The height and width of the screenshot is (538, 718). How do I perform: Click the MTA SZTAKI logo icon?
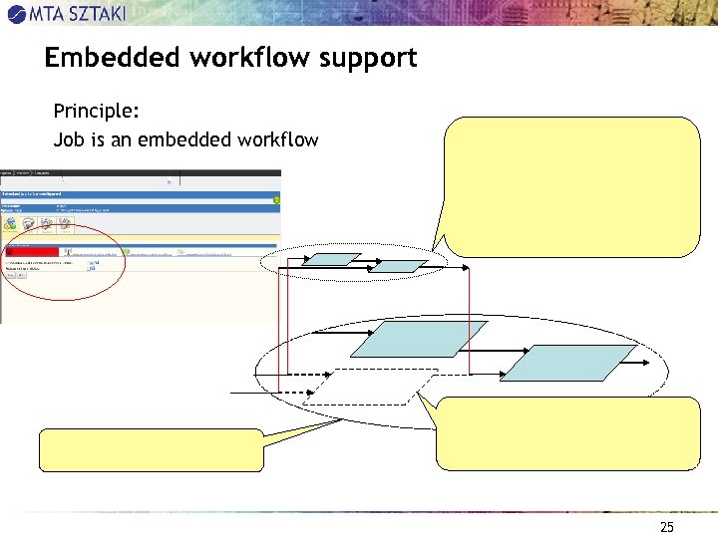click(x=17, y=12)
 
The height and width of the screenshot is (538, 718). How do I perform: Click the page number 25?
click(x=667, y=527)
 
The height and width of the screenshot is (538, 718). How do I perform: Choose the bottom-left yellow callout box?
click(x=152, y=449)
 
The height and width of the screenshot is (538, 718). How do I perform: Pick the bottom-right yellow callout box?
click(x=568, y=433)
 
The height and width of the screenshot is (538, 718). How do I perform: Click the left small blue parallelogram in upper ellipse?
click(x=331, y=259)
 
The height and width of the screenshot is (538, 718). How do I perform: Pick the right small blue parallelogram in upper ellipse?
click(x=401, y=266)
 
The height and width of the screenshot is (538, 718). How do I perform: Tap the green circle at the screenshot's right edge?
click(x=277, y=198)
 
